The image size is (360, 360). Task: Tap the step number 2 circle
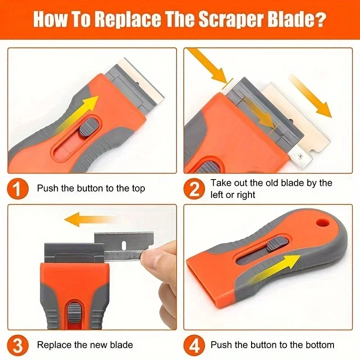(194, 188)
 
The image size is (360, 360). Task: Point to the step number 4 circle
(194, 345)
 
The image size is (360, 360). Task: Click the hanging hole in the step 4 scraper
(321, 223)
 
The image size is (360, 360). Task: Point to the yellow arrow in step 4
(274, 268)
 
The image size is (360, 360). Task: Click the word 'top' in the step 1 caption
(137, 189)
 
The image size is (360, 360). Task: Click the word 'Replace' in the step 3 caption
(53, 345)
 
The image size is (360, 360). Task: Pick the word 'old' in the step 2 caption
(276, 183)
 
